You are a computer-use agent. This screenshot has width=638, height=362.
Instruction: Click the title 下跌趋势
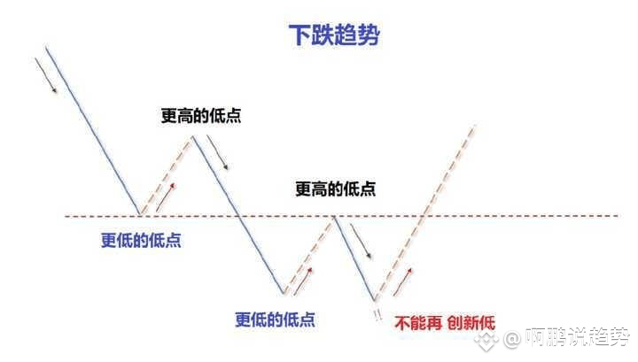334,35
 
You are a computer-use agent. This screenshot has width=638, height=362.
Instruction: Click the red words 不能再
418,323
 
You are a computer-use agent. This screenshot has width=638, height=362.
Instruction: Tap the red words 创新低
471,323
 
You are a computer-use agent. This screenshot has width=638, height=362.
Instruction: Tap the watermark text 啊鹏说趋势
578,337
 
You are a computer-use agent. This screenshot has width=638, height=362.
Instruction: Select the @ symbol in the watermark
511,338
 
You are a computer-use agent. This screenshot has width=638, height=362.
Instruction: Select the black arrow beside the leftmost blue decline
45,75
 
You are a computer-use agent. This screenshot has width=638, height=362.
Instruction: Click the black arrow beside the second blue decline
217,152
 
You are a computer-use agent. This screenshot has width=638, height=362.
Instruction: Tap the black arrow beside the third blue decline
361,242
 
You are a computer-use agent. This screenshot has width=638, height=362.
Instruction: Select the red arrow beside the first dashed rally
166,197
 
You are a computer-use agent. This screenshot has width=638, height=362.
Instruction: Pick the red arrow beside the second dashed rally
303,281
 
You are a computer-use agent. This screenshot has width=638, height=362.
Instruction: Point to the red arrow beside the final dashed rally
403,282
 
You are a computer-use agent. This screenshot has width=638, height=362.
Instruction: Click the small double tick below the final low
378,314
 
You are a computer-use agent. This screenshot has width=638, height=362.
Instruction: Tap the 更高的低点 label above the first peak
201,116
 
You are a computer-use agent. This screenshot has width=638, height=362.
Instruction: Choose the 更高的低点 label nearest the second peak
335,189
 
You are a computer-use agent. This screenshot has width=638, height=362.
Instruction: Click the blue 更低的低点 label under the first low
141,241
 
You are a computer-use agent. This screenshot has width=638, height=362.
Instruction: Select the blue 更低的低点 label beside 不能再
275,320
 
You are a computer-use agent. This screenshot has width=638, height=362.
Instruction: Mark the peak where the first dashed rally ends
192,137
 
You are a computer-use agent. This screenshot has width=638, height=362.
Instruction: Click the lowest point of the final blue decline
374,301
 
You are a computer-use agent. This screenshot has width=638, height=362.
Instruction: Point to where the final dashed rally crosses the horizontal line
424,216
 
